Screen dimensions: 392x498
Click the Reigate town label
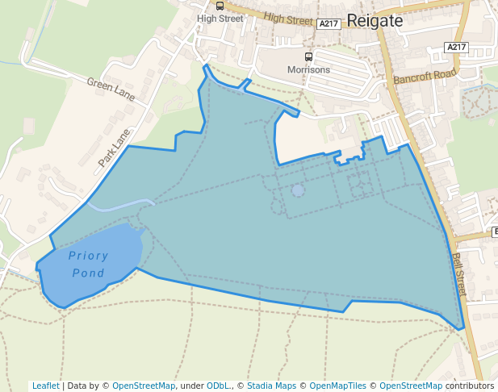[375, 21]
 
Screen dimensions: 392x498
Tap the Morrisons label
[308, 70]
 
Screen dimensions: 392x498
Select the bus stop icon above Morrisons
[308, 56]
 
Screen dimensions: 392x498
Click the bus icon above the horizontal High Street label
[220, 6]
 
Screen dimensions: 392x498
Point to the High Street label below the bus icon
[220, 19]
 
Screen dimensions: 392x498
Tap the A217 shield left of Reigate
[329, 24]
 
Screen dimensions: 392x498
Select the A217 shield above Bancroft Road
[456, 48]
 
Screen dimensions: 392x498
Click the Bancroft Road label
[425, 77]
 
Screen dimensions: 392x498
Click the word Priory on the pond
[88, 256]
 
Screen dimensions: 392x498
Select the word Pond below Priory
[88, 273]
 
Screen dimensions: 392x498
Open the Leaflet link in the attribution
[46, 386]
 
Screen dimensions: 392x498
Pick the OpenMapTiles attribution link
[337, 386]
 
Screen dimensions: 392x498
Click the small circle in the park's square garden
[298, 190]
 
